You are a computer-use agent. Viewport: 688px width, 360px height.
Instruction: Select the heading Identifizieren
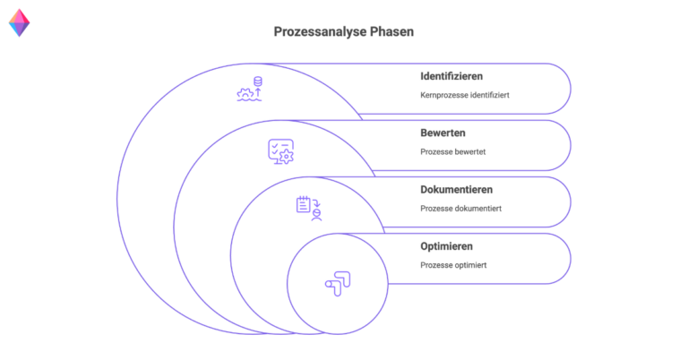pos(457,76)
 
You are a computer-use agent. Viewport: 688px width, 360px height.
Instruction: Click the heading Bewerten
pos(443,133)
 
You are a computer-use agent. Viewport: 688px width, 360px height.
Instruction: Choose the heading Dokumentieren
pos(456,189)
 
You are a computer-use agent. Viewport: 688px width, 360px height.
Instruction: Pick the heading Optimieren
pos(446,245)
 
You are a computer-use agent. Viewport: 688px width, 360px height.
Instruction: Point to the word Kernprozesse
pos(443,95)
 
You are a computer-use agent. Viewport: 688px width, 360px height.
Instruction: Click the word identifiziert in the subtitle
pos(489,95)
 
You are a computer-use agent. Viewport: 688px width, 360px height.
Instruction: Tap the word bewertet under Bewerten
pos(469,151)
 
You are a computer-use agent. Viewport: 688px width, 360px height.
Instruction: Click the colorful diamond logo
pos(19,22)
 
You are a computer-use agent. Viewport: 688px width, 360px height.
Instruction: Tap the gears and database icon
pos(250,89)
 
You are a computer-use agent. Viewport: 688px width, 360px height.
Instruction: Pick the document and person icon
pos(308,208)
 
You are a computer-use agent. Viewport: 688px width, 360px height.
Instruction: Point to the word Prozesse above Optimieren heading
pos(436,208)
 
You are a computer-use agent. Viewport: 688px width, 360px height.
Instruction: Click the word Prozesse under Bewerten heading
pos(436,151)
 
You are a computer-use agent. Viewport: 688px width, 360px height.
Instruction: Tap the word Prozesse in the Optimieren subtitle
pos(436,264)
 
